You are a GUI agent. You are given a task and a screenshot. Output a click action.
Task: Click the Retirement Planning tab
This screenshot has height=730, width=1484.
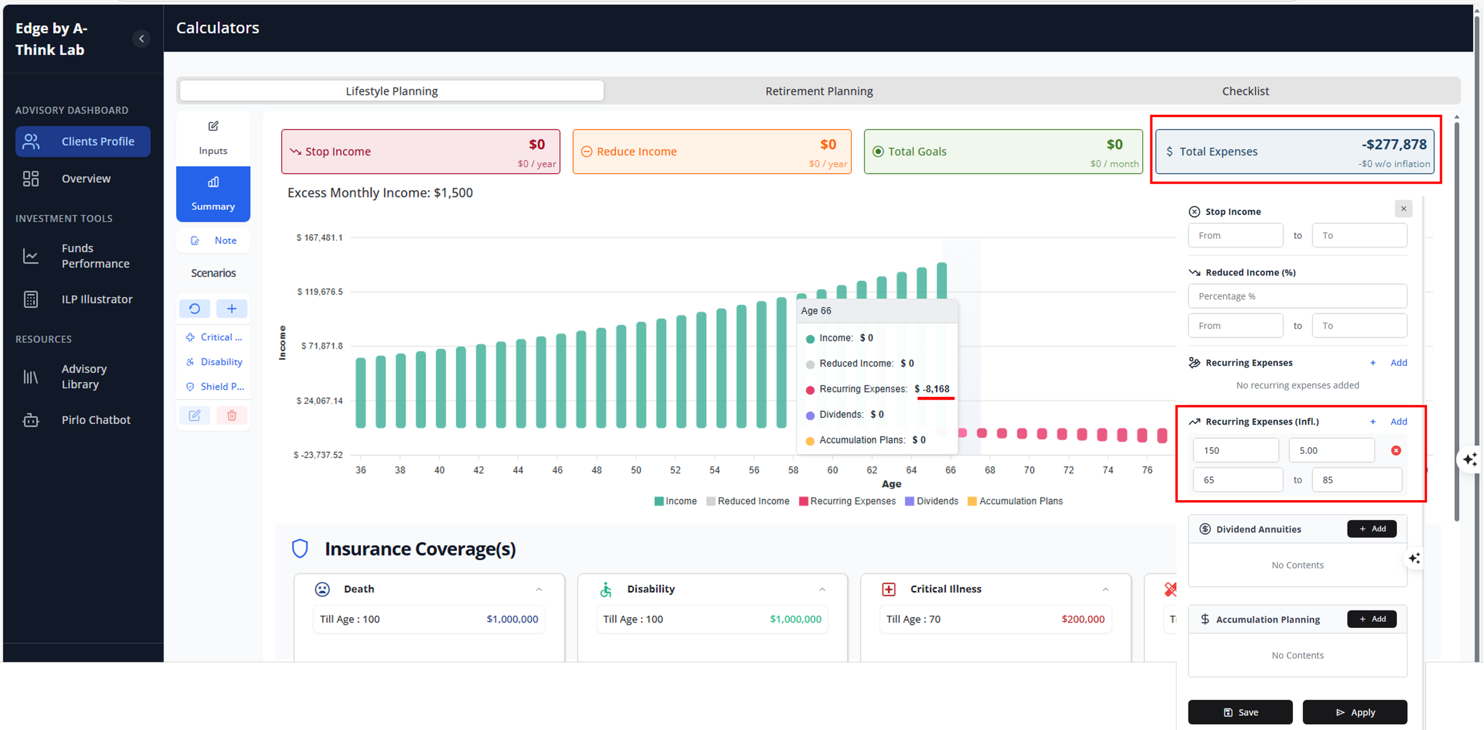(819, 91)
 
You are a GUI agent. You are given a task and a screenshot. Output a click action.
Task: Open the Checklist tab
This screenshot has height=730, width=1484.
(1245, 91)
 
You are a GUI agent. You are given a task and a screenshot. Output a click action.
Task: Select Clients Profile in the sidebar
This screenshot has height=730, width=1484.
(83, 141)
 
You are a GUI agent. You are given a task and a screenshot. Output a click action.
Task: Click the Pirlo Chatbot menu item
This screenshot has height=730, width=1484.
(83, 420)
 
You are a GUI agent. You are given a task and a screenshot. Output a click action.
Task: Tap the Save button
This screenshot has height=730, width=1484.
(1240, 712)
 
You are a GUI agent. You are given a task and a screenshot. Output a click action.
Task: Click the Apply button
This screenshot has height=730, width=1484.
(1355, 712)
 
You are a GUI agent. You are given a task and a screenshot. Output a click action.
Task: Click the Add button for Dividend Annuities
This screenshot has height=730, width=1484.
(1372, 529)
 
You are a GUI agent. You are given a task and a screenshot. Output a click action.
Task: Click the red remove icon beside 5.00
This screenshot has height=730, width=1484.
(1396, 450)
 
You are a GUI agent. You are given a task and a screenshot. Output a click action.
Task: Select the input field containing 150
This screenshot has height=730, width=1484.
(1236, 450)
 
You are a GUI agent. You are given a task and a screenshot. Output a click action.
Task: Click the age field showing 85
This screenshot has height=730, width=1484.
(1358, 480)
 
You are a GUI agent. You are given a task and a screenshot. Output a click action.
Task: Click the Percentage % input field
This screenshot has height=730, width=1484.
(1298, 296)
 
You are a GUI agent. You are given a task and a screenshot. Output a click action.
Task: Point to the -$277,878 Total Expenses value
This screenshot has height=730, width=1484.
(1394, 144)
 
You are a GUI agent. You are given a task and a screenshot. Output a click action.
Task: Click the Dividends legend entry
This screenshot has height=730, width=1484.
(931, 501)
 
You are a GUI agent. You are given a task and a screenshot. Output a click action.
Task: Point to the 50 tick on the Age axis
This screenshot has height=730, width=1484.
(636, 470)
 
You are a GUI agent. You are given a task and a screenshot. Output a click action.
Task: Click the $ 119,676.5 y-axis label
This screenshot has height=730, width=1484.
(319, 292)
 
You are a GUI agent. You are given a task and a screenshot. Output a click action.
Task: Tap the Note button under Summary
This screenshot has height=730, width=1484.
(213, 241)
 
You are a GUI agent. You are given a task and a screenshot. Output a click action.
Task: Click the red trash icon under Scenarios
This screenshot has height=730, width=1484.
(232, 415)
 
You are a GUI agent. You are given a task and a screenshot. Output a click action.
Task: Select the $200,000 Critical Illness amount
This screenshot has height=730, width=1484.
(1083, 619)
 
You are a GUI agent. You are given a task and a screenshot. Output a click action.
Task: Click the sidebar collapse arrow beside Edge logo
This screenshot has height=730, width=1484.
(141, 39)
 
